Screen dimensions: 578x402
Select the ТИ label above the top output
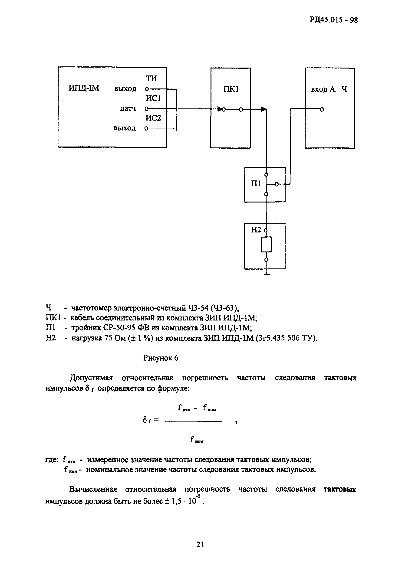coord(151,79)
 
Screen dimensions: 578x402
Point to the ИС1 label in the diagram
coord(153,98)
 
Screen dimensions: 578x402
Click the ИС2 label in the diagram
coord(153,118)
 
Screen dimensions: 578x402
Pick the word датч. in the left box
coord(129,109)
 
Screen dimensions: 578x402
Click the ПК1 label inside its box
coord(231,89)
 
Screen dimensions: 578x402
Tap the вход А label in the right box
coord(323,89)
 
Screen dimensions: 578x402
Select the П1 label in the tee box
coord(256,184)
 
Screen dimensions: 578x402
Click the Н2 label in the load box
coord(256,230)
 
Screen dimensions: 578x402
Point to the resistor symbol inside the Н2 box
coord(266,244)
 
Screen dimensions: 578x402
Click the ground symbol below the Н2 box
coord(266,274)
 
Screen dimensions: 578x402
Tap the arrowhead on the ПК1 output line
coord(264,109)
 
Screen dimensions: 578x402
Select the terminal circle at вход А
coord(322,109)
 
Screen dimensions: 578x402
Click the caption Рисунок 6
coord(160,358)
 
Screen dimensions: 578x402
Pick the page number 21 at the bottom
coord(200,545)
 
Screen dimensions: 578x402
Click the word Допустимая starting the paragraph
coord(91,378)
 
